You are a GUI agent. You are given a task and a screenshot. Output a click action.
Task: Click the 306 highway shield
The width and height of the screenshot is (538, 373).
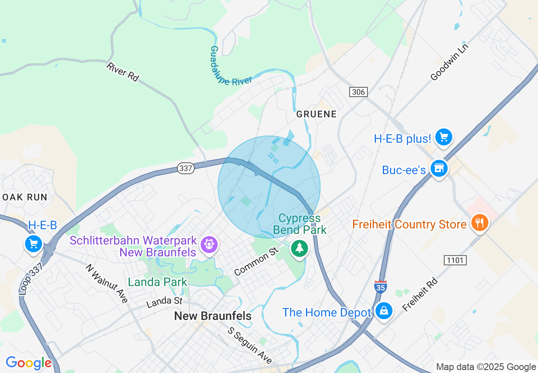[358, 92]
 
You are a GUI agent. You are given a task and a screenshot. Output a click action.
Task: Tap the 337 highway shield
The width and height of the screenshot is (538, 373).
[186, 168]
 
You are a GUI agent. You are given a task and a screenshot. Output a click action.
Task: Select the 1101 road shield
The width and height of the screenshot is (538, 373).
[455, 260]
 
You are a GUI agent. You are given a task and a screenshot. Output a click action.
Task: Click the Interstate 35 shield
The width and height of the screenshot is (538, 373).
[380, 287]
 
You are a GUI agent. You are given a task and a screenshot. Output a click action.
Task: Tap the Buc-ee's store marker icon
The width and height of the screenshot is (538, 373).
[439, 169]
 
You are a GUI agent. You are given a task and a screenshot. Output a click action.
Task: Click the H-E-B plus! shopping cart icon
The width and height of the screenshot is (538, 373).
[444, 137]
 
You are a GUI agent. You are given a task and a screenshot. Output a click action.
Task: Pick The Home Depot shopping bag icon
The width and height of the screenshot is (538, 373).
[384, 311]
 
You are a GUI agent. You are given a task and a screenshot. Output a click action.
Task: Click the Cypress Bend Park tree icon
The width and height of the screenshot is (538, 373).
[300, 248]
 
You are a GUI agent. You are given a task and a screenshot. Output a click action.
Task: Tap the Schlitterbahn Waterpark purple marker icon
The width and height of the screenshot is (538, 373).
[209, 245]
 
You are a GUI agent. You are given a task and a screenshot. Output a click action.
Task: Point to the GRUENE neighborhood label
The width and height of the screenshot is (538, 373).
[317, 114]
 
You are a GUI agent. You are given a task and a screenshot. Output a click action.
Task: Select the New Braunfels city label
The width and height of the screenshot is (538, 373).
[213, 316]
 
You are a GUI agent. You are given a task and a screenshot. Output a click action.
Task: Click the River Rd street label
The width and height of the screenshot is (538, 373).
[123, 72]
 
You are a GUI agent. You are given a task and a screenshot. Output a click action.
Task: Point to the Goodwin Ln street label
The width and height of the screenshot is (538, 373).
[449, 61]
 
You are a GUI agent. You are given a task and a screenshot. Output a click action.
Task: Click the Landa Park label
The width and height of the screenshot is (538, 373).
[157, 282]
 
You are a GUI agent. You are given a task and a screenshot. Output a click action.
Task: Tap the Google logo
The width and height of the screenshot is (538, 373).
[28, 363]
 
